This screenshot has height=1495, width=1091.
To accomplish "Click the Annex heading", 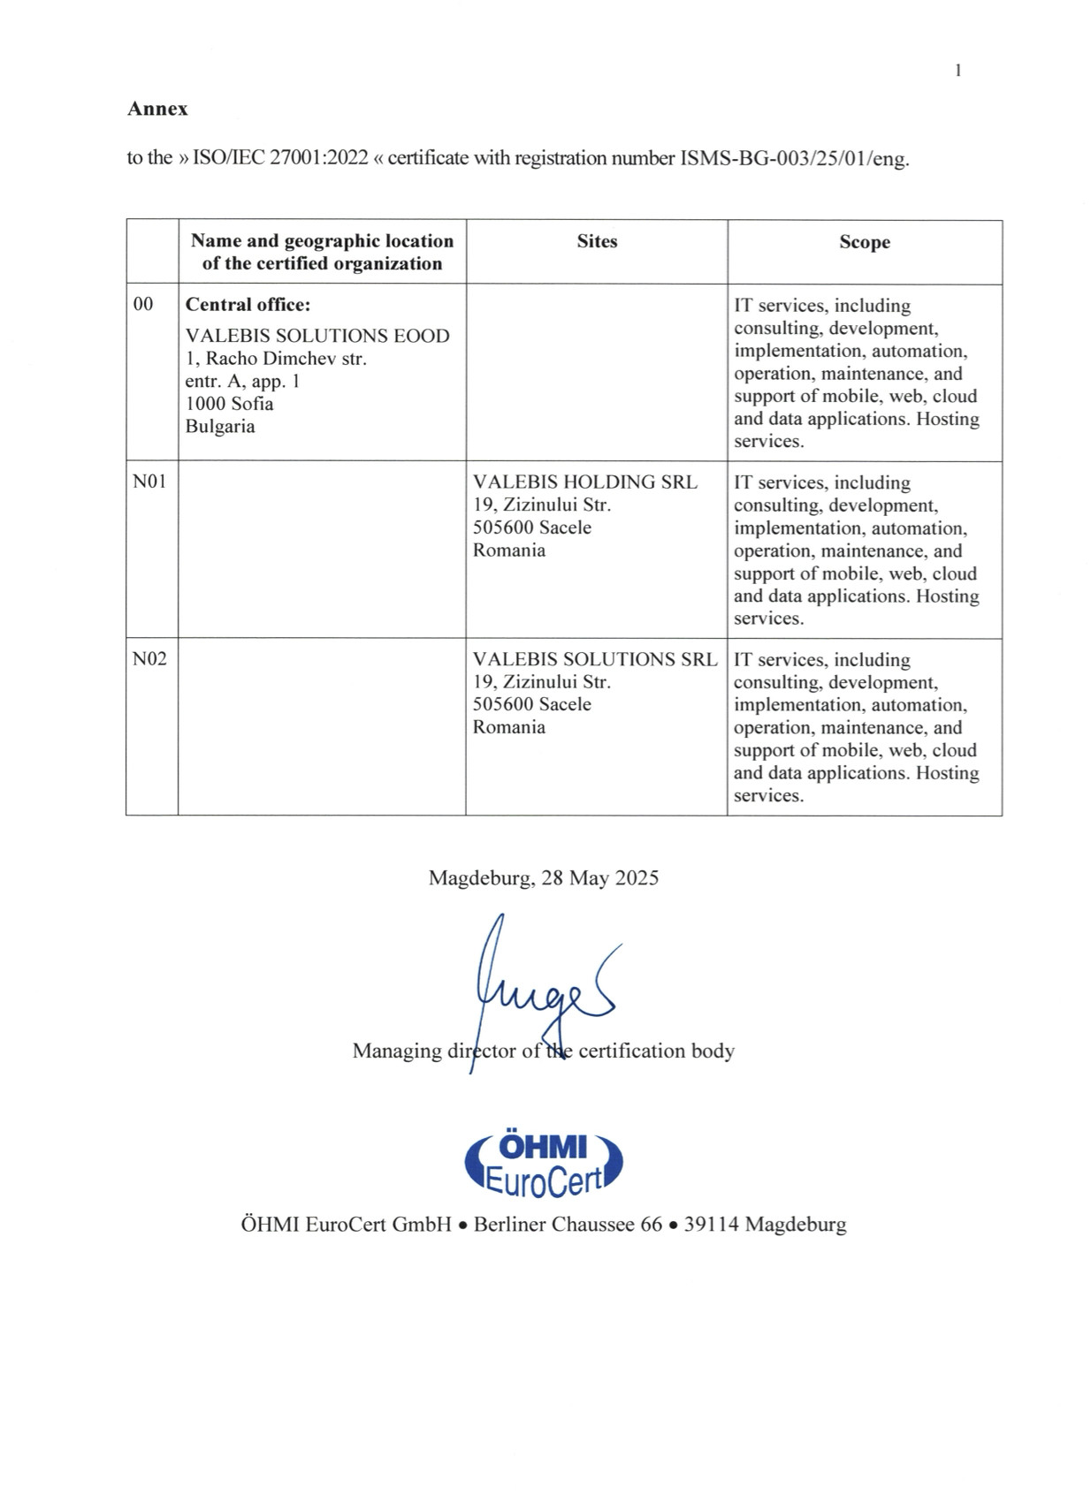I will tap(157, 109).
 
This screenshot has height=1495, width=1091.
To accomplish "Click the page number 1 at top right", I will tap(958, 71).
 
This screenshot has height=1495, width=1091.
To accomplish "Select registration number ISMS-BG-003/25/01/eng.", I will tap(794, 159).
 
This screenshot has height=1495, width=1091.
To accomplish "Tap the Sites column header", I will tap(597, 241).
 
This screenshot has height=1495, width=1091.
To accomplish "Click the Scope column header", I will tap(864, 242).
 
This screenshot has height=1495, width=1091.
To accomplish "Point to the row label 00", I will tap(142, 305).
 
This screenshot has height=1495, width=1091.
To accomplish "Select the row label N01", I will tap(149, 482).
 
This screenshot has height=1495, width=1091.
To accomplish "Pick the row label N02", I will tap(149, 659).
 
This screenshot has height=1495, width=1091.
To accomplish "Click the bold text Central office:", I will tap(248, 305).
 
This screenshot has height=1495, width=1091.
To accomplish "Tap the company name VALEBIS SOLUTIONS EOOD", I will tap(317, 336).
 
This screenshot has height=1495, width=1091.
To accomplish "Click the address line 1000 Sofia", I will tap(229, 404).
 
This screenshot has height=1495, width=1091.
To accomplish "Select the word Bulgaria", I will tap(220, 426).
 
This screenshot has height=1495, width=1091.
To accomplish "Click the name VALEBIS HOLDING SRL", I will tap(584, 482).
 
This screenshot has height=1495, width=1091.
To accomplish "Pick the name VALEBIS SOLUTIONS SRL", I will tap(595, 659).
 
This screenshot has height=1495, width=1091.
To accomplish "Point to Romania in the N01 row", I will tap(509, 550).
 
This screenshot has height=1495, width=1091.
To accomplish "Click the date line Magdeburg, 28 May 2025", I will tap(543, 877).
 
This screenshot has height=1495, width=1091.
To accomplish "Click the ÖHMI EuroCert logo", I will tap(543, 1163).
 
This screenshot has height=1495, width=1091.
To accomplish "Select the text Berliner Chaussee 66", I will tap(568, 1225).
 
